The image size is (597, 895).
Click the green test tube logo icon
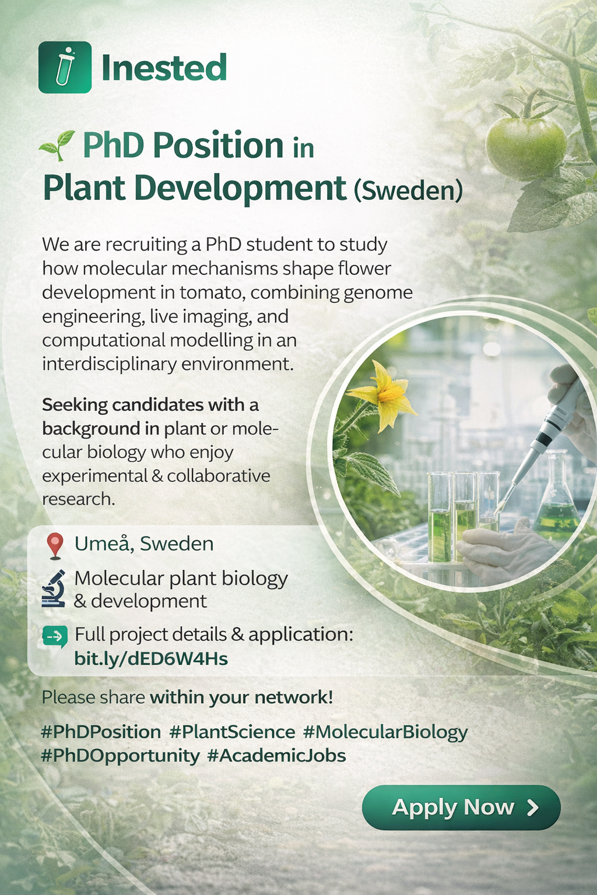(x=65, y=67)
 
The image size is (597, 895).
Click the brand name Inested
(x=164, y=67)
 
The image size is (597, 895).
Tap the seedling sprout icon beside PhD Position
(x=57, y=146)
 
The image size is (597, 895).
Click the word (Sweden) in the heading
(x=408, y=191)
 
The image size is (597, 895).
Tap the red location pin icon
(x=55, y=546)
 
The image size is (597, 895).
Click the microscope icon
(x=54, y=589)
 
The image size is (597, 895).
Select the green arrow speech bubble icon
(x=55, y=636)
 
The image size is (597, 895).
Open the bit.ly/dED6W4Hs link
(x=151, y=658)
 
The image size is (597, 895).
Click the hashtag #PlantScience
(x=232, y=732)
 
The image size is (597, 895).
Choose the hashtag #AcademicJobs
(x=277, y=756)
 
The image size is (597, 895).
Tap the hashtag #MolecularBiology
(x=385, y=732)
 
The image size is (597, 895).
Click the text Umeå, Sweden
(x=144, y=544)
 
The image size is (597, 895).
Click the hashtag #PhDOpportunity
(x=120, y=756)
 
